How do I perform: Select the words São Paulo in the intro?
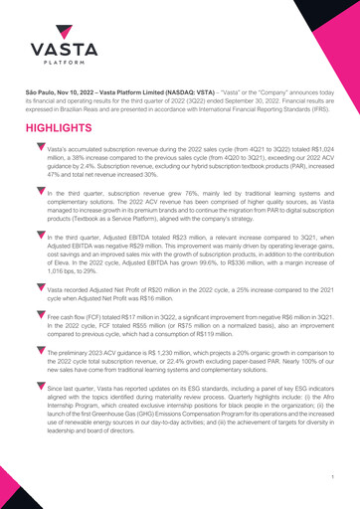pos(42,92)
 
